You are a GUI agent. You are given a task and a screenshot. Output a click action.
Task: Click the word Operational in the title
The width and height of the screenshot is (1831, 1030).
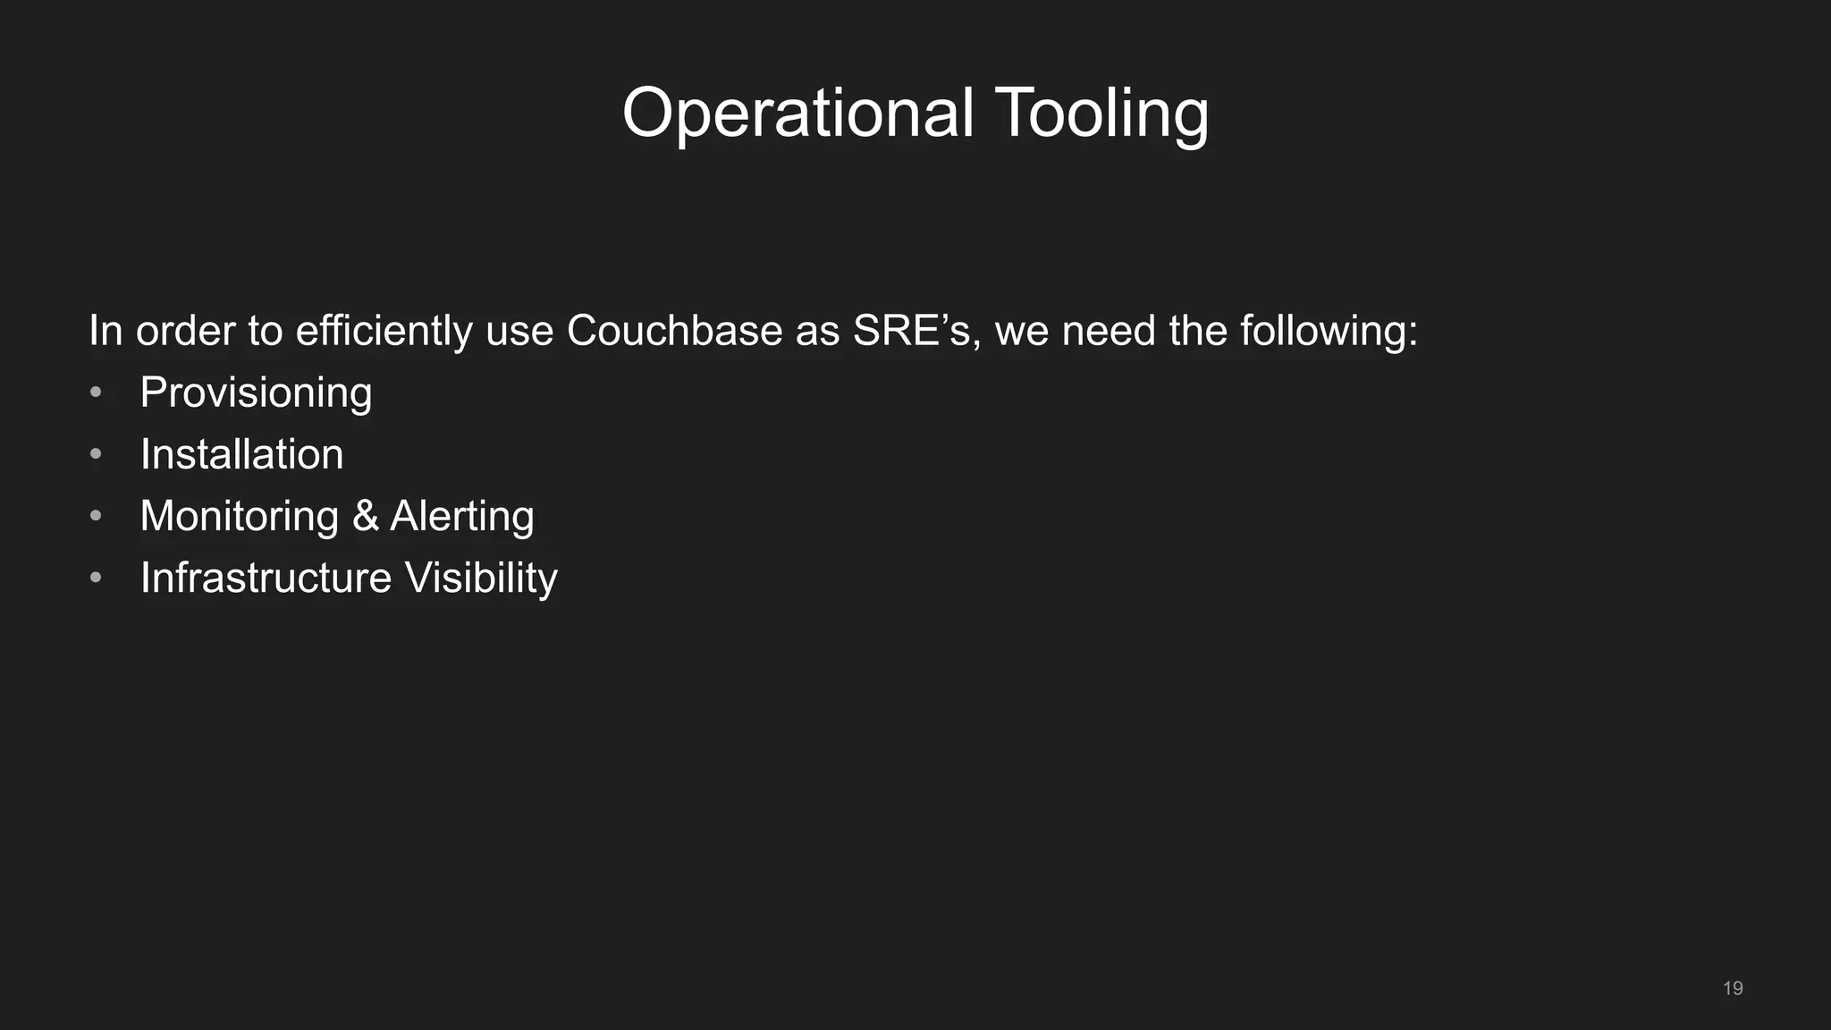tap(797, 114)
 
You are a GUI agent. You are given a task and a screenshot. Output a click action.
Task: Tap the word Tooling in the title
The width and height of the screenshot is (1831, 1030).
tap(1101, 114)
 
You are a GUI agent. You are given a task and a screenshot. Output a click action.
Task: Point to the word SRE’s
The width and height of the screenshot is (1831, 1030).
tap(911, 331)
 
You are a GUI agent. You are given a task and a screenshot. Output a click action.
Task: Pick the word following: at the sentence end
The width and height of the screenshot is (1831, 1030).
tap(1329, 331)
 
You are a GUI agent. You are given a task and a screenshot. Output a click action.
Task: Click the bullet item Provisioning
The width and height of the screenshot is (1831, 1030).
tap(256, 393)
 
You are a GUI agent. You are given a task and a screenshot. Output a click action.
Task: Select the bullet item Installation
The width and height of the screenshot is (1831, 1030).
tap(241, 454)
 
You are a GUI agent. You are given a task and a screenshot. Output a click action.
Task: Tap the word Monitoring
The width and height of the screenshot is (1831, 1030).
tap(239, 516)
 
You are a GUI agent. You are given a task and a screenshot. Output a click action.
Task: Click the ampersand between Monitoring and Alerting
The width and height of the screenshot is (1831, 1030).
tap(365, 516)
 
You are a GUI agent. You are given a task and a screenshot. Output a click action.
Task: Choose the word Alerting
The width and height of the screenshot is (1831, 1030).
tap(462, 516)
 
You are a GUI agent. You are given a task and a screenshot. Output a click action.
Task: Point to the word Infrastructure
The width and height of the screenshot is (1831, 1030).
tap(266, 578)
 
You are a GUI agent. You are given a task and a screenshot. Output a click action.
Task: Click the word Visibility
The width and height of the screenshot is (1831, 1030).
tap(481, 578)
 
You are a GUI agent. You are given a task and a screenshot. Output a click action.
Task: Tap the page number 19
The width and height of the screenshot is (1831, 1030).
tap(1733, 988)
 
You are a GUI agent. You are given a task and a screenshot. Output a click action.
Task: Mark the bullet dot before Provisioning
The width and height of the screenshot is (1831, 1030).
tap(96, 393)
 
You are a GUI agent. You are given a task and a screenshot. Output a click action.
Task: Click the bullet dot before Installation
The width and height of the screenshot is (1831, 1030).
tap(96, 454)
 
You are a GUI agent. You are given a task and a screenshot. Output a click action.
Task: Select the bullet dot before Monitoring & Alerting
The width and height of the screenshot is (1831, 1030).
tap(96, 516)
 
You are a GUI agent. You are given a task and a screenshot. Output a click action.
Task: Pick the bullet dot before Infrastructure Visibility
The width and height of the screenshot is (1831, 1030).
tap(96, 578)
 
